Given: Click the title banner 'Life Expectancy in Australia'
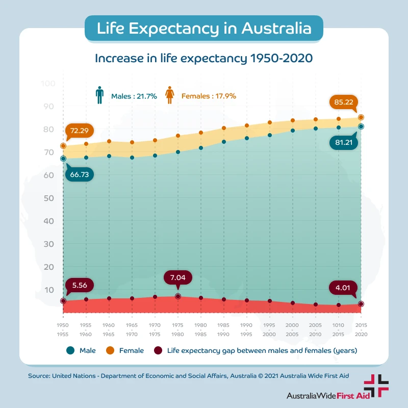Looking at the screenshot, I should (x=204, y=28).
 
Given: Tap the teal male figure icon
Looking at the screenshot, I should (x=99, y=95).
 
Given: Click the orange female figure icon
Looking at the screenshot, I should (x=170, y=95).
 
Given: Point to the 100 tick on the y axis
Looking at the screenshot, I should (x=48, y=84).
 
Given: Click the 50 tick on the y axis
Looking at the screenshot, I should (x=48, y=198).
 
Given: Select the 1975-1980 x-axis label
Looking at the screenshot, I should (x=178, y=329).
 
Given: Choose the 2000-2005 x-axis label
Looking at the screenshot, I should (x=292, y=329).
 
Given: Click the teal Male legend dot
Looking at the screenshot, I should (x=70, y=350).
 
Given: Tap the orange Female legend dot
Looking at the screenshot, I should (x=110, y=350).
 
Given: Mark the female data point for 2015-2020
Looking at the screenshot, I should (x=361, y=117).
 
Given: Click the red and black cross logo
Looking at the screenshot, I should (x=376, y=386).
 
